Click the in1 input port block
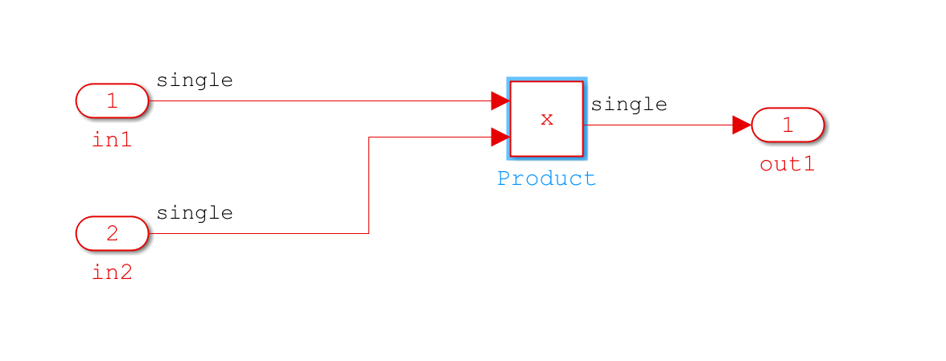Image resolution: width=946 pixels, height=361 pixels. [x=113, y=101]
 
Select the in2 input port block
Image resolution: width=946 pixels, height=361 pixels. [x=113, y=233]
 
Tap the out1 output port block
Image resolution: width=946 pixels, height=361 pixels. [x=788, y=125]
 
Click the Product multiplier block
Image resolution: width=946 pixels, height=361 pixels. [x=547, y=119]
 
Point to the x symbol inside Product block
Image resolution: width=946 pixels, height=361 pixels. [x=547, y=119]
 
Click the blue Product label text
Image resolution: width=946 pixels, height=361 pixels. [x=547, y=178]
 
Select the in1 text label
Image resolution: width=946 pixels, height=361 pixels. [x=113, y=140]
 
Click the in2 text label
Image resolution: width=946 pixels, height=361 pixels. [x=113, y=273]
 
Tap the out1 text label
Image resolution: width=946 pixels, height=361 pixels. [x=788, y=164]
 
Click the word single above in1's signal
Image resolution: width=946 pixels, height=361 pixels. [x=195, y=80]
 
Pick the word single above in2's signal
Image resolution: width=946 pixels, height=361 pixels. [x=195, y=213]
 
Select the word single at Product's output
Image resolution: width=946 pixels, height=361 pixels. [x=629, y=105]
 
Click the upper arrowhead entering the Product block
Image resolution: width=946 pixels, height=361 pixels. [x=500, y=101]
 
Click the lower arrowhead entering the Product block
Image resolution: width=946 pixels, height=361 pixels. [x=500, y=137]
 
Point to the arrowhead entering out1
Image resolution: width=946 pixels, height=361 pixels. [x=742, y=125]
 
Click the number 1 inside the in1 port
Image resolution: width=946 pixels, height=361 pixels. [x=113, y=101]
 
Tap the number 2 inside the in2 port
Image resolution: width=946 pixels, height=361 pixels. [x=113, y=233]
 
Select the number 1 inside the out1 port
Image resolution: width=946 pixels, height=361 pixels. [x=788, y=125]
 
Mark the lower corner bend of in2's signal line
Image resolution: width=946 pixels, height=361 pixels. [x=368, y=233]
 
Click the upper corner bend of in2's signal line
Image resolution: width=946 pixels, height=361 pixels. [x=368, y=137]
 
